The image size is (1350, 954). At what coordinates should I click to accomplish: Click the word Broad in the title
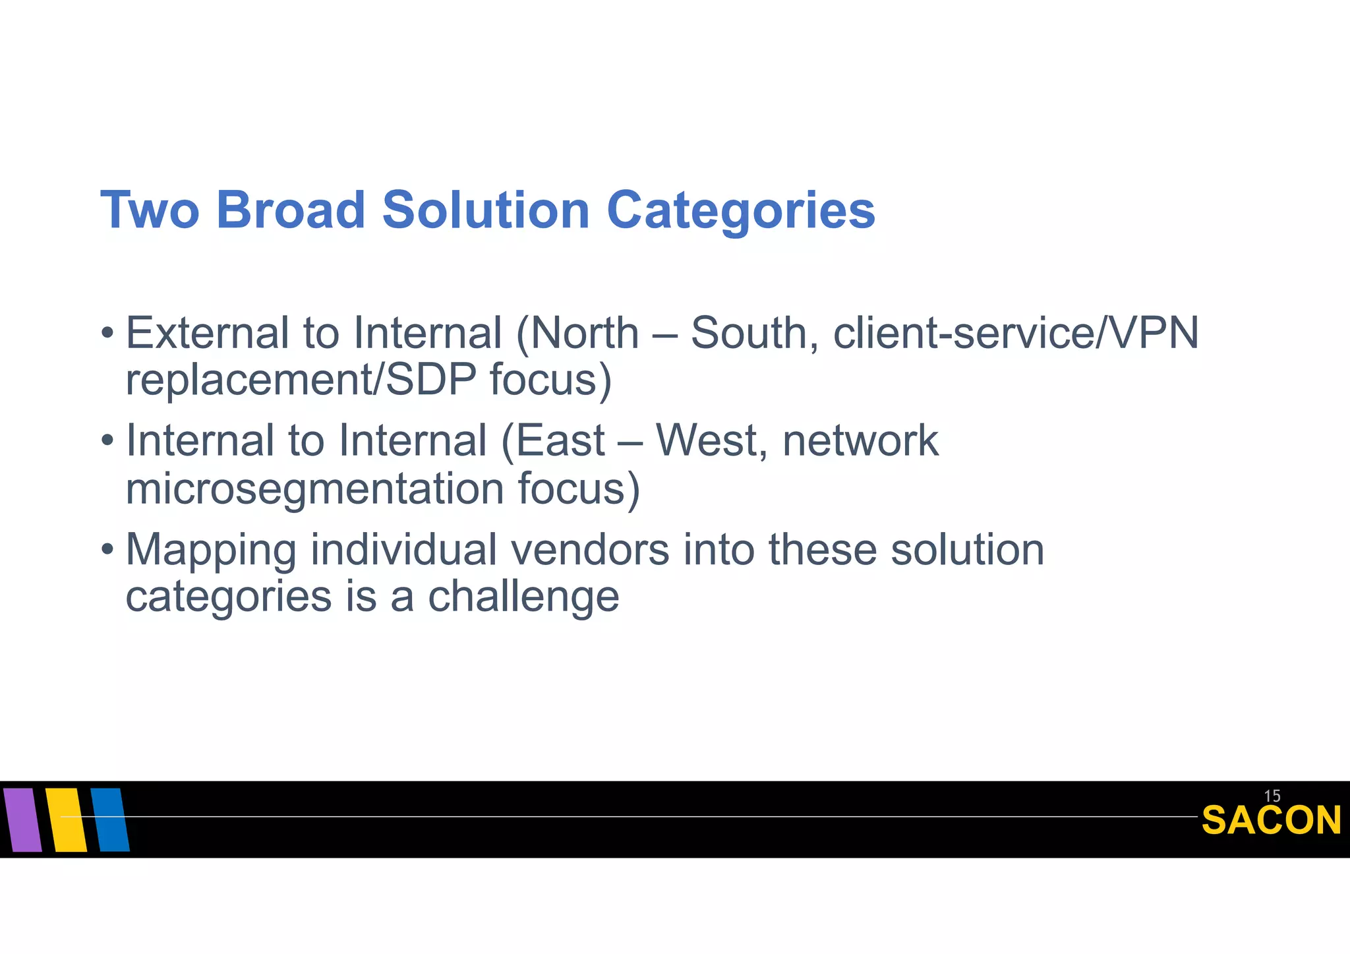[290, 210]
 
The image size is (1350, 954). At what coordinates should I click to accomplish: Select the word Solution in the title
[486, 210]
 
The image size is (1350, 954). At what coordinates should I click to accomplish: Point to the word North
[584, 333]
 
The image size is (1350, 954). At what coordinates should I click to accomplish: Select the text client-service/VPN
[1015, 333]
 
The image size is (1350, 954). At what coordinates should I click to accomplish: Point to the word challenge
[523, 597]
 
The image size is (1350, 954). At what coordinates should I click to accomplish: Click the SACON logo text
[1271, 821]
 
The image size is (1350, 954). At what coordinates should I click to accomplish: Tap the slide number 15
[1272, 796]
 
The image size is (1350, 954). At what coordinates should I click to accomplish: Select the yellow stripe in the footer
[66, 820]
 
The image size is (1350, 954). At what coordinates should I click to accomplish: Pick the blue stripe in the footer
[109, 820]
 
